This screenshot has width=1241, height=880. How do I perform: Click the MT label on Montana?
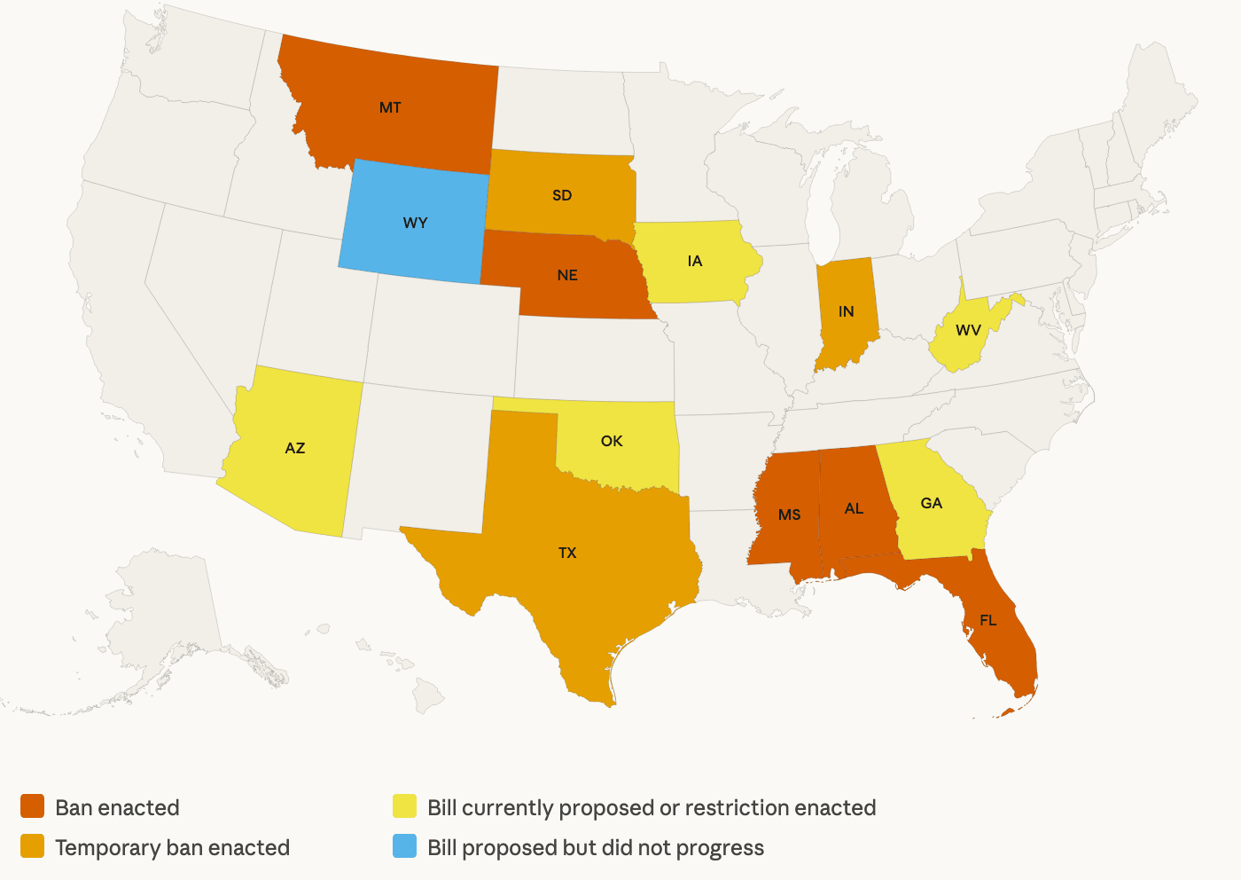(x=390, y=108)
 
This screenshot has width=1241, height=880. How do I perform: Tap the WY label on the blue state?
(x=415, y=223)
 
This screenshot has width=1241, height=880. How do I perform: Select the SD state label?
(x=562, y=195)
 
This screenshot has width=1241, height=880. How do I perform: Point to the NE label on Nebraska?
(x=567, y=275)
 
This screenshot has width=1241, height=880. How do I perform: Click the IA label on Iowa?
(x=694, y=261)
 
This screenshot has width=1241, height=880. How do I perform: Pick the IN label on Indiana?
(x=846, y=311)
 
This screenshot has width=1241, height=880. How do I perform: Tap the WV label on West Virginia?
(x=968, y=331)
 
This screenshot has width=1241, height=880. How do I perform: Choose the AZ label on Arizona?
(x=295, y=448)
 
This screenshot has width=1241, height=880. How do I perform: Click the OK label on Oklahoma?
(x=612, y=441)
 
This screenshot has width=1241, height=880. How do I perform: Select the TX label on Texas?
(x=567, y=553)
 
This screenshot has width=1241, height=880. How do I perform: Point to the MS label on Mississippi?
(x=789, y=515)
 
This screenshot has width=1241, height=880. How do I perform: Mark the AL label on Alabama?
(x=854, y=508)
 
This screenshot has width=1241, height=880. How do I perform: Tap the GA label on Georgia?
(x=931, y=503)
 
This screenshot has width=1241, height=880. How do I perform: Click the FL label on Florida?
(x=987, y=620)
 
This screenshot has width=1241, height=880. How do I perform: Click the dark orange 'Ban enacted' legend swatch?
(x=33, y=807)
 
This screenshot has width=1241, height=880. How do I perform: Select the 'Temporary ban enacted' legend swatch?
(x=33, y=847)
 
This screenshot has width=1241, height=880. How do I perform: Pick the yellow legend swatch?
(x=405, y=807)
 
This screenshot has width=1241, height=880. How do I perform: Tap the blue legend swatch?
(x=405, y=847)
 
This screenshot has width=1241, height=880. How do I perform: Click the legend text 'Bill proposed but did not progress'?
(x=595, y=848)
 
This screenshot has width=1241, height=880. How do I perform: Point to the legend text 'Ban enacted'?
(x=117, y=808)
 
